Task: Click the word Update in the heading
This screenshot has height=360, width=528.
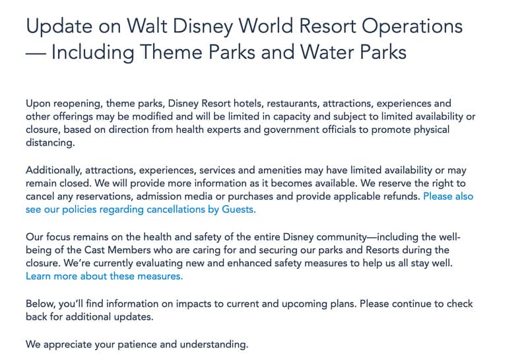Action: (57, 27)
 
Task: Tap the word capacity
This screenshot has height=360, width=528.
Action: (283, 116)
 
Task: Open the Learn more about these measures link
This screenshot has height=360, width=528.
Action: (104, 276)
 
